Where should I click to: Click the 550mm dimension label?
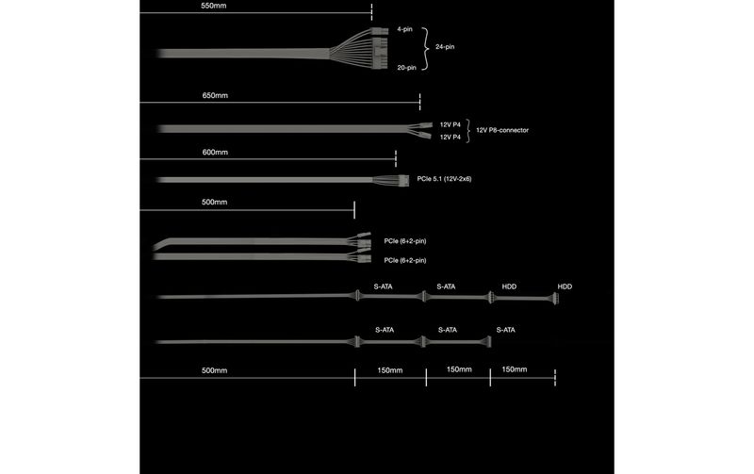click(214, 6)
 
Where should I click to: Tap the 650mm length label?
click(215, 96)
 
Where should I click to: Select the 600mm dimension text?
click(215, 153)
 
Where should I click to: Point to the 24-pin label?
click(445, 46)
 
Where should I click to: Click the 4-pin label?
click(404, 29)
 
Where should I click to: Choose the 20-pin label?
click(406, 68)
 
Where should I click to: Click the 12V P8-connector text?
click(502, 130)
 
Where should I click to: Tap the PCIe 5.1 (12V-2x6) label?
click(444, 179)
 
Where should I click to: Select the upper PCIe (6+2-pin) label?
click(405, 241)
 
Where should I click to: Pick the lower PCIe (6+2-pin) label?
click(405, 260)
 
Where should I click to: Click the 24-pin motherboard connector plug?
click(380, 48)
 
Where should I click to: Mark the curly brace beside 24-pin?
click(425, 49)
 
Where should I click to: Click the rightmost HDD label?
click(565, 286)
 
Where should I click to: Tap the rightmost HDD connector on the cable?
click(556, 299)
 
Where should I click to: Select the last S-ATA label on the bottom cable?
click(505, 330)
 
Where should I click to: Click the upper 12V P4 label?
click(451, 124)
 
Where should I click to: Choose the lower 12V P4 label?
click(451, 137)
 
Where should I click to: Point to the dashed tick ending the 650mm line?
click(419, 102)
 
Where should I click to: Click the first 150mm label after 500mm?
click(389, 370)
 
